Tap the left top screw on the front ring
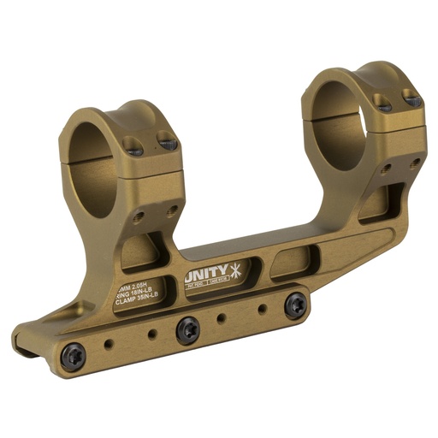click(132, 145)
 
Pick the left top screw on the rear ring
click(382, 102)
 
